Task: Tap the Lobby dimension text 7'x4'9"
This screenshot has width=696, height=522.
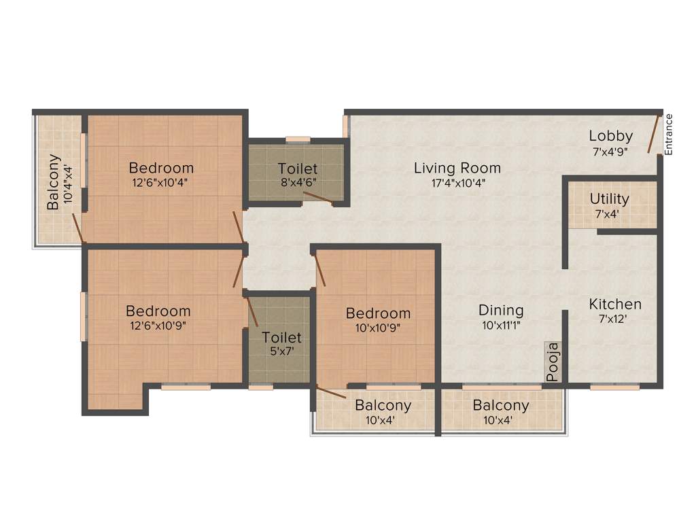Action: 611,153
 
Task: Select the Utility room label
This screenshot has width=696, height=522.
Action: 609,199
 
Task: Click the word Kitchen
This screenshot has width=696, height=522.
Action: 614,304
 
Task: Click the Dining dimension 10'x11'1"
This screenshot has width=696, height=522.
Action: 501,326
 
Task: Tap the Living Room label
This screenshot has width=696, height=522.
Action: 457,168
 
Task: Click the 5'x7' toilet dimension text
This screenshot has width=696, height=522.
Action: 281,352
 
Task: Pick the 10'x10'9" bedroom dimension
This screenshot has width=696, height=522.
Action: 378,328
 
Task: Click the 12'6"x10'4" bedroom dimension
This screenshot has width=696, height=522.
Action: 161,182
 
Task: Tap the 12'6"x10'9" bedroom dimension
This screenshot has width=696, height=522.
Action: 158,326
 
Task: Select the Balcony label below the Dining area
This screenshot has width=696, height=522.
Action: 501,406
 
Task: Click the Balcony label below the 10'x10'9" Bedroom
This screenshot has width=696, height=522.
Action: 383,406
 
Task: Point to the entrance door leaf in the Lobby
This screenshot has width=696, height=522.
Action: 653,135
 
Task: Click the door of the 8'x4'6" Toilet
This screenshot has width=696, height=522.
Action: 317,197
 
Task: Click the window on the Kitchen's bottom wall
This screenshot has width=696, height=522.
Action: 614,387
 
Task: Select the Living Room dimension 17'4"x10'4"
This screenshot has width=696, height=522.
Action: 457,183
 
